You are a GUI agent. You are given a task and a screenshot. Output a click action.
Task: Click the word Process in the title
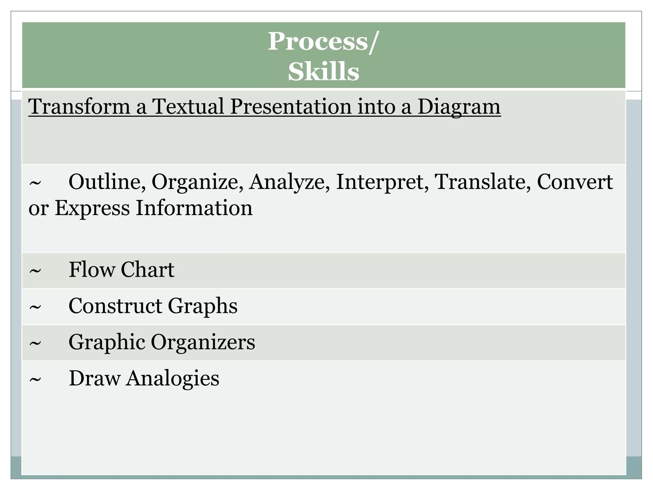pyautogui.click(x=318, y=41)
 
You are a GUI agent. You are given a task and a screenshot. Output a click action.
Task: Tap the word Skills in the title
pyautogui.click(x=323, y=71)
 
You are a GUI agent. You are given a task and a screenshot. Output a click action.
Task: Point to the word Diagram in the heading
pyautogui.click(x=459, y=107)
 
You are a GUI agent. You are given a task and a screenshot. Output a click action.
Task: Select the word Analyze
pyautogui.click(x=287, y=182)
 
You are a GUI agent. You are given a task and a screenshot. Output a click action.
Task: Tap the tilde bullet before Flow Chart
pyautogui.click(x=35, y=271)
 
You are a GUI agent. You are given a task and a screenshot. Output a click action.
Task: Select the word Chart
pyautogui.click(x=147, y=270)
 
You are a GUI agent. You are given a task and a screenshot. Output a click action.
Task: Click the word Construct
pyautogui.click(x=115, y=306)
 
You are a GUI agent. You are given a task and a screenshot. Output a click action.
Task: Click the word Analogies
pyautogui.click(x=172, y=379)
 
